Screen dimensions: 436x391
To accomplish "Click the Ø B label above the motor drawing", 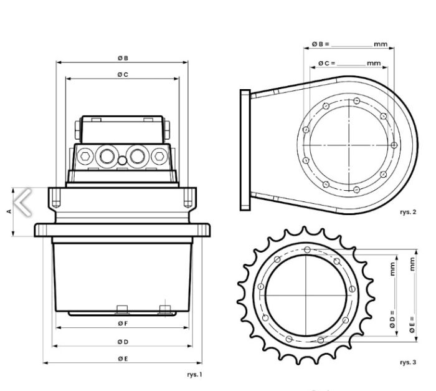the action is tap(123, 58).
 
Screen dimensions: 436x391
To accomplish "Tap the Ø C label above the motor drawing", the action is tap(123, 75).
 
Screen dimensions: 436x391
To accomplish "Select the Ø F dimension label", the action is tap(123, 323).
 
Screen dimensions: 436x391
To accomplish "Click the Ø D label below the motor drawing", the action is tap(123, 342).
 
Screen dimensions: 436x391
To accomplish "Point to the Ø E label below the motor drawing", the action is tap(123, 359).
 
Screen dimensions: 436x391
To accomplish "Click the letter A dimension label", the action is tap(9, 211).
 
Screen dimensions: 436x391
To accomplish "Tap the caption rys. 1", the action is tap(194, 375).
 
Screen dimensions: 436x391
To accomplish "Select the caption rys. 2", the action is tap(408, 212).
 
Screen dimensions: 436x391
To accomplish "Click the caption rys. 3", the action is tap(408, 362).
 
